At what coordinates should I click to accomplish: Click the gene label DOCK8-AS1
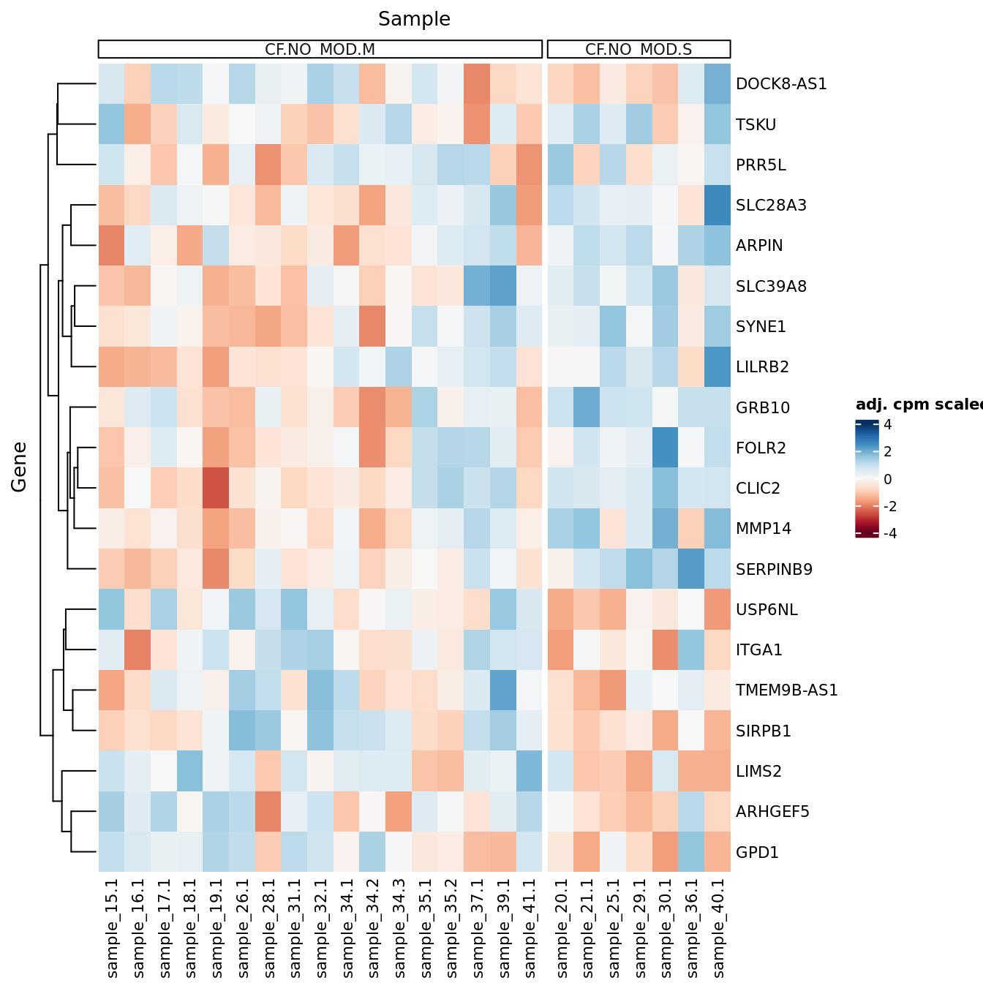(781, 84)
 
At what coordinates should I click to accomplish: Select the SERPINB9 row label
(774, 569)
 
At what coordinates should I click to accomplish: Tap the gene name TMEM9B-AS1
(786, 690)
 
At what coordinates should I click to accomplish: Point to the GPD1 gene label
(757, 852)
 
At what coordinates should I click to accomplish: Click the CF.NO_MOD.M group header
(320, 50)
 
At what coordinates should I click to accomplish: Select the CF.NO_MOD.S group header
(639, 50)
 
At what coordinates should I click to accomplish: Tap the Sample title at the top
(414, 19)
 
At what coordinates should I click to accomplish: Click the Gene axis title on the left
(19, 467)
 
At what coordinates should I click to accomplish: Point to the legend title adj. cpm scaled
(919, 405)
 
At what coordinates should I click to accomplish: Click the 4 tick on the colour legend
(887, 425)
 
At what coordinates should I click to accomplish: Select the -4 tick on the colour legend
(889, 534)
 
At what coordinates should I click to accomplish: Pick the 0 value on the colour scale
(887, 480)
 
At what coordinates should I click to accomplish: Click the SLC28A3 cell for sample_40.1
(718, 206)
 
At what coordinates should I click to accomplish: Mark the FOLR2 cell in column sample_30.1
(665, 448)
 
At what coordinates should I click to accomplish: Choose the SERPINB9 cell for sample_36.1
(691, 569)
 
